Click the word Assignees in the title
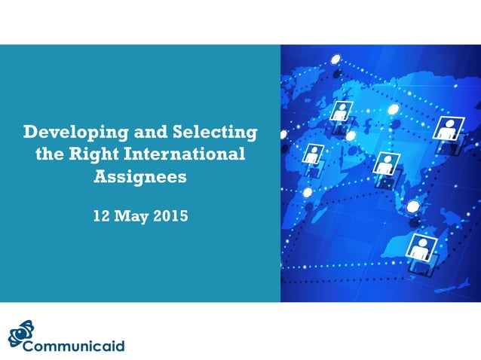click(139, 178)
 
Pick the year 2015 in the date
click(170, 216)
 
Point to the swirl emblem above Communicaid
click(21, 332)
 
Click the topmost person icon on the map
click(341, 111)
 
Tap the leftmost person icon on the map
click(311, 155)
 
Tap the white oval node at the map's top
click(335, 58)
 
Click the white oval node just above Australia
click(412, 206)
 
